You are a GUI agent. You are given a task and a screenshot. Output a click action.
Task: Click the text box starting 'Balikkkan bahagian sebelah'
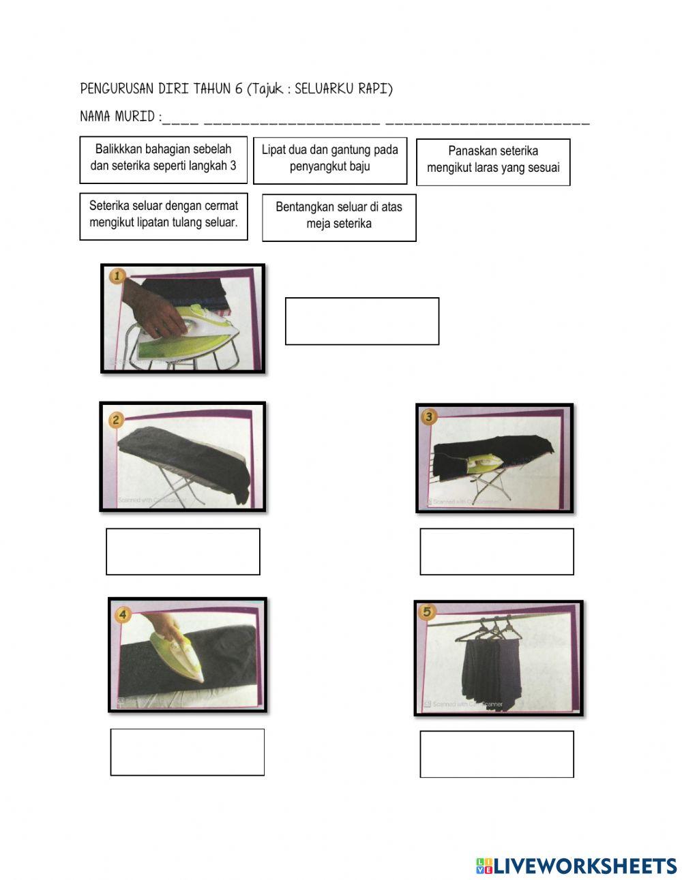point(162,160)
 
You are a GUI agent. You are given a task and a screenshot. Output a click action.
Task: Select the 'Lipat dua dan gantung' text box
point(330,160)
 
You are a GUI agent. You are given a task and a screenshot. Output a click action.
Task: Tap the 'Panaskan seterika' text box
point(493,162)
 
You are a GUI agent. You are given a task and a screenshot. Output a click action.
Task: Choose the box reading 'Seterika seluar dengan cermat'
point(163,217)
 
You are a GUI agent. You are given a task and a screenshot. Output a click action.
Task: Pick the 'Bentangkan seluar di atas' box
point(339,217)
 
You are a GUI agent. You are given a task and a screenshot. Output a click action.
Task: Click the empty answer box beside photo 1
point(361,321)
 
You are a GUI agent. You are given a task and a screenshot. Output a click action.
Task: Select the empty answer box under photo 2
point(183,551)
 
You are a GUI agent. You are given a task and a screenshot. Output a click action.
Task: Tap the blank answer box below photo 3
point(496,551)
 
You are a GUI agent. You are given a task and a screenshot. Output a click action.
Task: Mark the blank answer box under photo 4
point(187,752)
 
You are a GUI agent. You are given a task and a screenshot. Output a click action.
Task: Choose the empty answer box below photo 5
point(496,754)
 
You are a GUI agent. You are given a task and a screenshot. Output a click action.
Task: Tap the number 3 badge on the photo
point(430,416)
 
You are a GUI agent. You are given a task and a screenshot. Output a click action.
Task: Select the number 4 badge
point(123,615)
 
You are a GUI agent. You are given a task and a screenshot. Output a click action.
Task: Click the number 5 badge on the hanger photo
point(428,612)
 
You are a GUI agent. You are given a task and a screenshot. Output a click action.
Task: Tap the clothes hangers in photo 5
point(494,628)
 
